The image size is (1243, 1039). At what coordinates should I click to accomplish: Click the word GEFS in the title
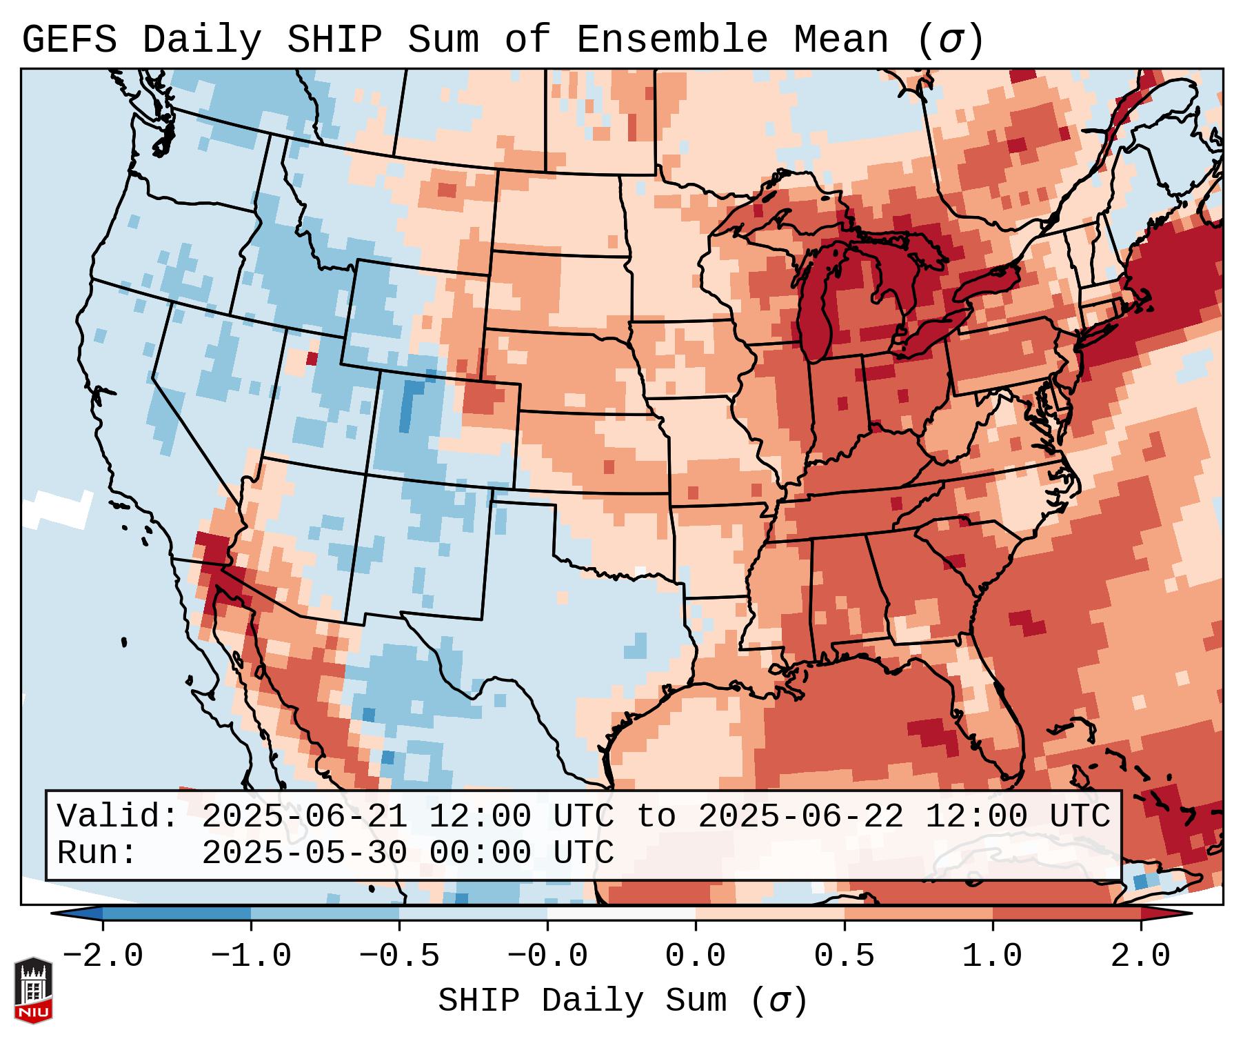point(70,40)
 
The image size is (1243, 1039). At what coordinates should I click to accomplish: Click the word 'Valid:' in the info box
point(118,816)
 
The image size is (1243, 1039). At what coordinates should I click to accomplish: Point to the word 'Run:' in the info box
point(97,853)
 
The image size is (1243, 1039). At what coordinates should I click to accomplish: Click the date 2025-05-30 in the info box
point(304,853)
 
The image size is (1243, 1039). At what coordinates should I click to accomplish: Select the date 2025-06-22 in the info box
point(800,816)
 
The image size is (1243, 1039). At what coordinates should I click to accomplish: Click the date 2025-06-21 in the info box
point(304,816)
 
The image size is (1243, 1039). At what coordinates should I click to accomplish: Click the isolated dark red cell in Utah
point(312,359)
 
